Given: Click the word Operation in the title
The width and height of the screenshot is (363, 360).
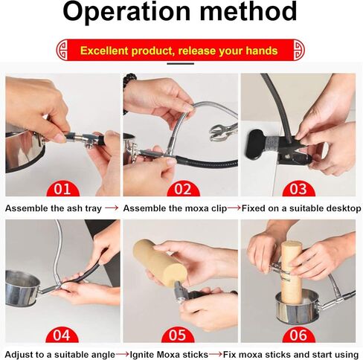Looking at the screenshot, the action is (126, 12).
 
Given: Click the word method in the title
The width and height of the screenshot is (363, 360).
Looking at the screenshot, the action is (248, 11).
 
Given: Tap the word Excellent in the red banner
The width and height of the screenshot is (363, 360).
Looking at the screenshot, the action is (104, 51).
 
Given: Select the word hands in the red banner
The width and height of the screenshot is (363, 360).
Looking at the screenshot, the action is (262, 51).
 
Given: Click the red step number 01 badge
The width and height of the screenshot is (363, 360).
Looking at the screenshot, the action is (62, 189).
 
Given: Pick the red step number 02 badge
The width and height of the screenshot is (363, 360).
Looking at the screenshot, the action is (183, 189).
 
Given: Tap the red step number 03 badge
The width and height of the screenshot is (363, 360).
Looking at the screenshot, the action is (298, 189).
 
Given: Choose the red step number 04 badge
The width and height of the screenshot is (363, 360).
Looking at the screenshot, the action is (62, 335).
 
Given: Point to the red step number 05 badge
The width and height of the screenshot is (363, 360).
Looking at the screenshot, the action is (178, 335).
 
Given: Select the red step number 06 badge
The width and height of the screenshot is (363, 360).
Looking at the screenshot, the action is (298, 335).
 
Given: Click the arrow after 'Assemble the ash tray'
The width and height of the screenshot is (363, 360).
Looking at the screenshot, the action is (112, 208).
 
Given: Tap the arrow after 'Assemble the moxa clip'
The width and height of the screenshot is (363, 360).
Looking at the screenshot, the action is (234, 208).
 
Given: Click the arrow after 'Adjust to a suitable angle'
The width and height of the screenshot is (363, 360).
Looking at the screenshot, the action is (123, 353).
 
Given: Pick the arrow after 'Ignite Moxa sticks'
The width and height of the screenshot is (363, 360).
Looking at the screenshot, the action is (216, 353).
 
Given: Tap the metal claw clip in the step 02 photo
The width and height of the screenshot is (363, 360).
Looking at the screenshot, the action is (222, 132).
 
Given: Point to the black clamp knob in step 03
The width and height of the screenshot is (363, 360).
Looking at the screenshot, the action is (255, 145).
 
